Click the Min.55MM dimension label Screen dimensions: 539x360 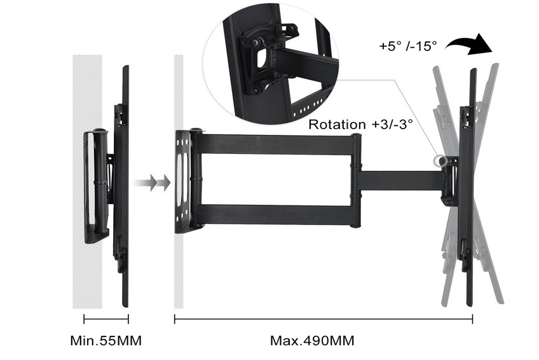point(106,341)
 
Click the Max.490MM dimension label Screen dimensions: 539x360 point(312,341)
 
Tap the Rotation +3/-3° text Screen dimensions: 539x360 point(360,124)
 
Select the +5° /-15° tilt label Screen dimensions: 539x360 point(408,46)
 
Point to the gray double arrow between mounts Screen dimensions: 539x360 point(151,183)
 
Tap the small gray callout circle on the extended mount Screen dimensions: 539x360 point(438,160)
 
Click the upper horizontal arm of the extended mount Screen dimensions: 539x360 point(275,144)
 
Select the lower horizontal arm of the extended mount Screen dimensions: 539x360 point(275,215)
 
